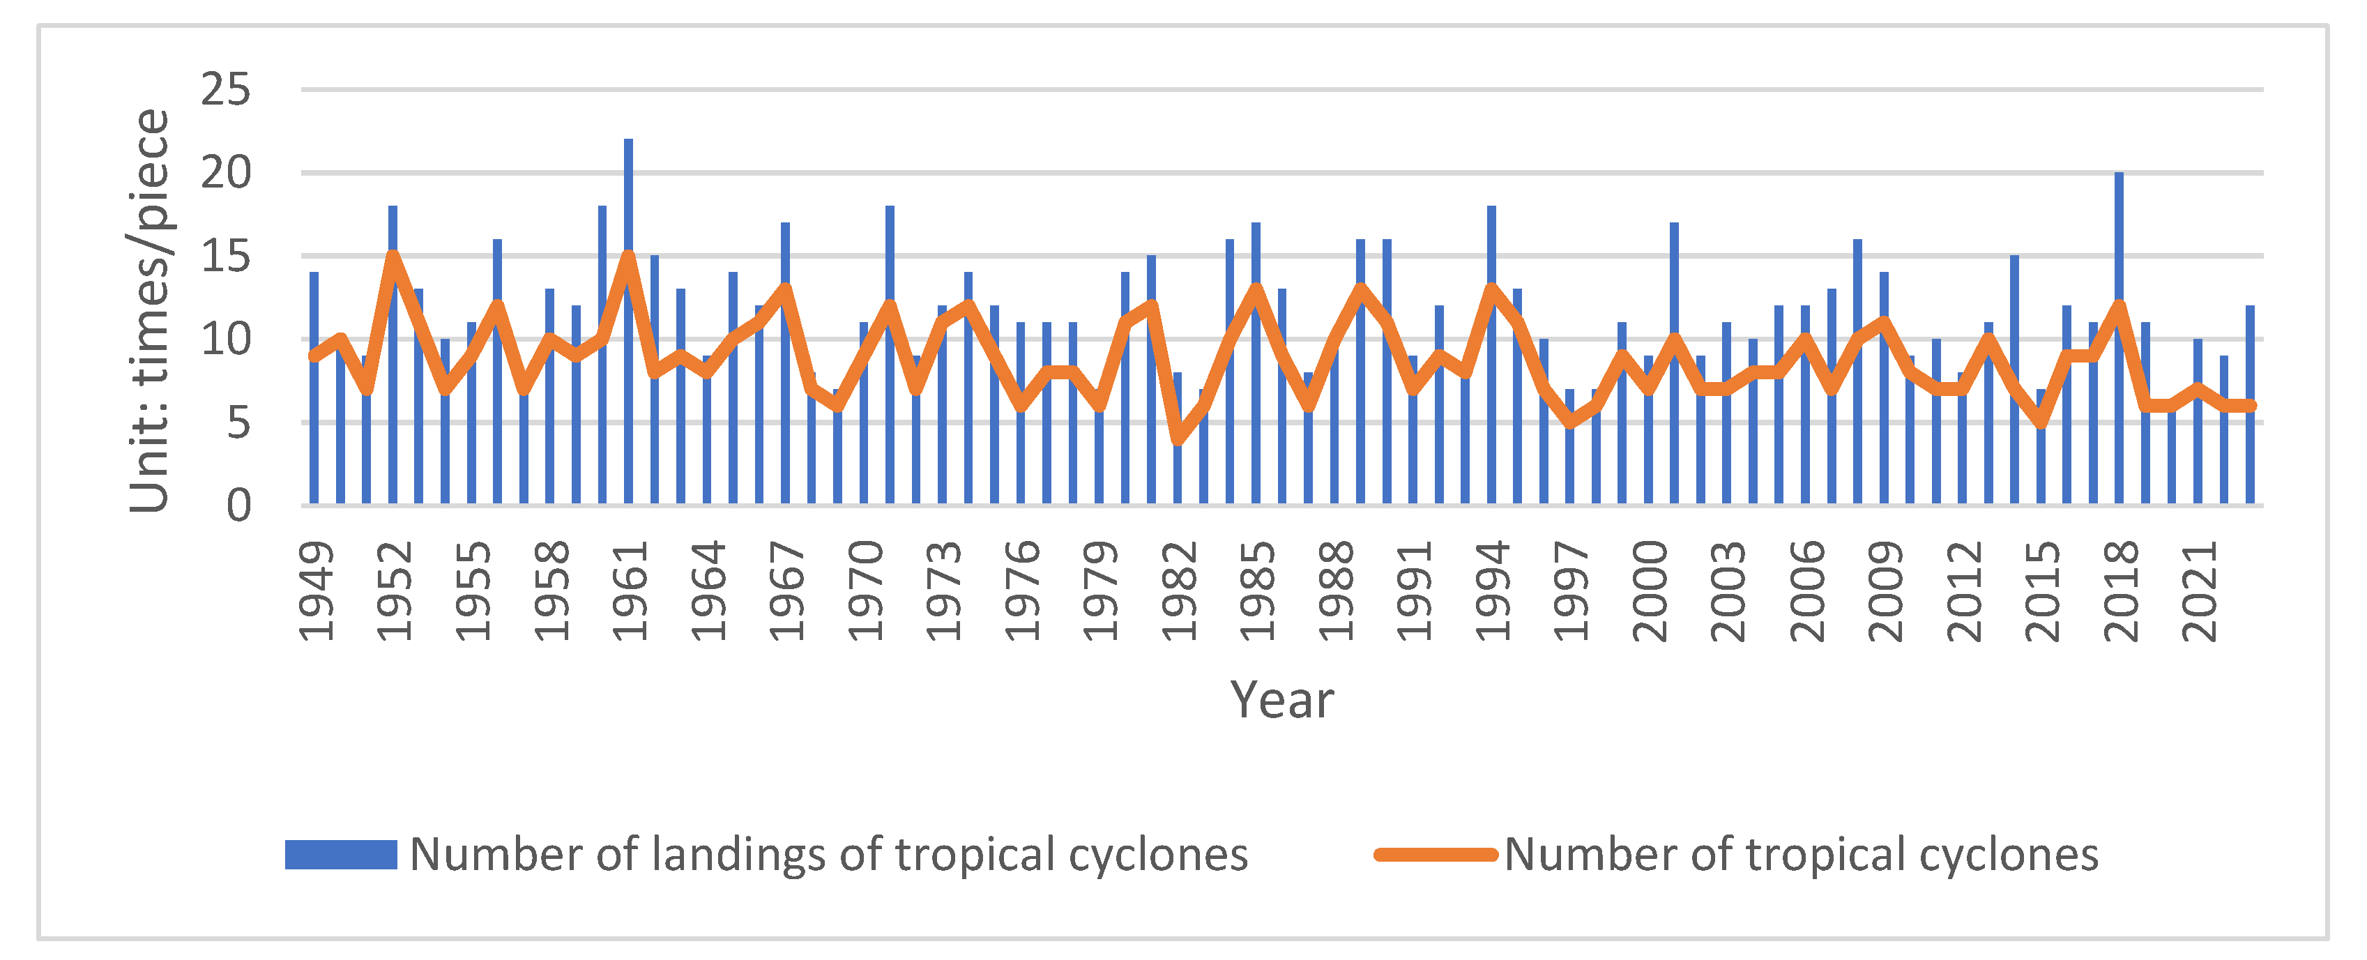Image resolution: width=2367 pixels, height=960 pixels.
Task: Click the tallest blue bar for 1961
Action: (628, 321)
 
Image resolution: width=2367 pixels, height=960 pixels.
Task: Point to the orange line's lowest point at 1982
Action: (1178, 439)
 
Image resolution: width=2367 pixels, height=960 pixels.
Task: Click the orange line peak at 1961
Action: (628, 254)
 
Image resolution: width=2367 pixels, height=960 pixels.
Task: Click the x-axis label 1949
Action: (316, 591)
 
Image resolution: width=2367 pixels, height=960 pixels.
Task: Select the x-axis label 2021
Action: (2200, 591)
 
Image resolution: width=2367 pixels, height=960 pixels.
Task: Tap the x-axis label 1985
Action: (1258, 591)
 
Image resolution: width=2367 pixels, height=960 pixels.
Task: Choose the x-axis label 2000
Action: (1650, 591)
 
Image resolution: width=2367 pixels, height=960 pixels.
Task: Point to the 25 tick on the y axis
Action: (225, 90)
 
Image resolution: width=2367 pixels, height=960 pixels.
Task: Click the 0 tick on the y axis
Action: (238, 505)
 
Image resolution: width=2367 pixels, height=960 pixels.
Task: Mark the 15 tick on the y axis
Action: (225, 257)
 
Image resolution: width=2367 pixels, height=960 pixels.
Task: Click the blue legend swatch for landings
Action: (341, 854)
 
